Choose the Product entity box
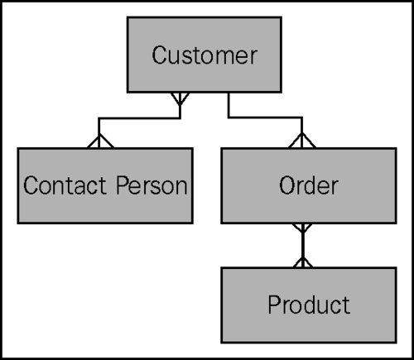[x=308, y=305]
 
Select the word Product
[x=308, y=305]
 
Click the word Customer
[x=205, y=56]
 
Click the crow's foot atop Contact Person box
[x=99, y=141]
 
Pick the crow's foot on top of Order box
[x=303, y=141]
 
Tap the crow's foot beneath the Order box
[x=303, y=229]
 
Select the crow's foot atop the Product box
[x=303, y=261]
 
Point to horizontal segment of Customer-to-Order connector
[x=265, y=118]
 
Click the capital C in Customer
[x=159, y=56]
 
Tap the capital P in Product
[x=273, y=305]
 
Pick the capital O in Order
[x=286, y=185]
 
